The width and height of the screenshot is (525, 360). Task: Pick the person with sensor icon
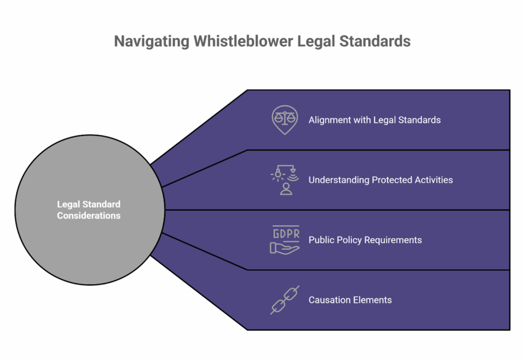pyautogui.click(x=285, y=180)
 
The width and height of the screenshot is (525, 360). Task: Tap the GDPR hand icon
pyautogui.click(x=285, y=239)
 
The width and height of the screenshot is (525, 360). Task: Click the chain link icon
pyautogui.click(x=285, y=300)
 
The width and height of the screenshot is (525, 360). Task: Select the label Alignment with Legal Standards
pyautogui.click(x=374, y=120)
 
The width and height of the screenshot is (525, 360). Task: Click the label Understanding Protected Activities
pyautogui.click(x=380, y=180)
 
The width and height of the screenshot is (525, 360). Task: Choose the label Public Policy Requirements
pyautogui.click(x=365, y=240)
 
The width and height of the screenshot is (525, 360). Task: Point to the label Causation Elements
pyautogui.click(x=350, y=300)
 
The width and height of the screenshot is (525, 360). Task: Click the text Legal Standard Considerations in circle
pyautogui.click(x=89, y=210)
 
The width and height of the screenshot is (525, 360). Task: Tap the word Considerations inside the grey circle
pyautogui.click(x=89, y=216)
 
